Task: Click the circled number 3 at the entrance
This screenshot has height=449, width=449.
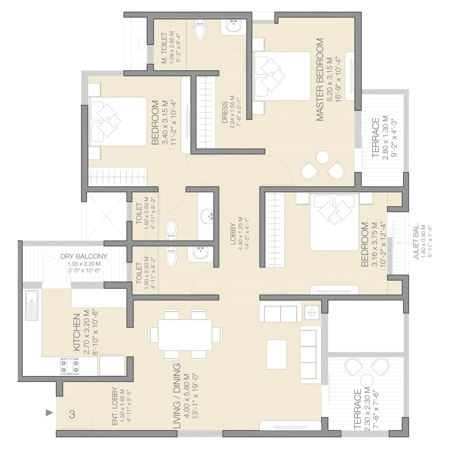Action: click(72, 414)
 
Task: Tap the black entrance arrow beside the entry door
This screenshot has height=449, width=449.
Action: click(49, 413)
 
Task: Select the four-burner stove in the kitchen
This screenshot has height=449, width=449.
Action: click(70, 366)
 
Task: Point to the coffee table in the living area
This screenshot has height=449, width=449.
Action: click(277, 354)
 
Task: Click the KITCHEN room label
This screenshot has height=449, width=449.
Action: click(77, 332)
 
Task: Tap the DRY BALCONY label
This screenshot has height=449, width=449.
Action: click(84, 256)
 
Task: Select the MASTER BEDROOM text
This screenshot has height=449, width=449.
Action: click(320, 80)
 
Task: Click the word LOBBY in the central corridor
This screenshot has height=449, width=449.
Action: click(233, 234)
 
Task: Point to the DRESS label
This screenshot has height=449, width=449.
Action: click(225, 113)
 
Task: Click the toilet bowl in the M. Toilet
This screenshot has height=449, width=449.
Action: click(200, 29)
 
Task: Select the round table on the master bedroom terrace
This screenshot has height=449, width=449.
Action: click(323, 157)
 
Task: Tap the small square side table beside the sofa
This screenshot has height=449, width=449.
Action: click(312, 313)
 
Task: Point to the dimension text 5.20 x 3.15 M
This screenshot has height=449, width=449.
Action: click(330, 80)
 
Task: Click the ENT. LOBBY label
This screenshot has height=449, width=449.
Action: click(115, 406)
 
